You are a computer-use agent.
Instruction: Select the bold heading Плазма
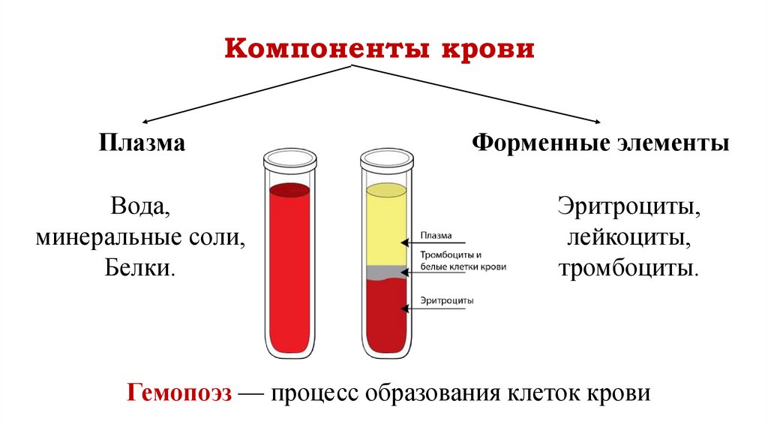[141, 143]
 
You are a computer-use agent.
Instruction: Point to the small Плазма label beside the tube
[436, 234]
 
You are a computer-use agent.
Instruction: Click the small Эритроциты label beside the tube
[446, 300]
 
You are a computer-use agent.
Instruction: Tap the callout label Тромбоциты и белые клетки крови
[462, 261]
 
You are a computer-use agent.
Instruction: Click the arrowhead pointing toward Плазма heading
[145, 121]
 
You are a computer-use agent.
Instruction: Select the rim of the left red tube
[289, 158]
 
